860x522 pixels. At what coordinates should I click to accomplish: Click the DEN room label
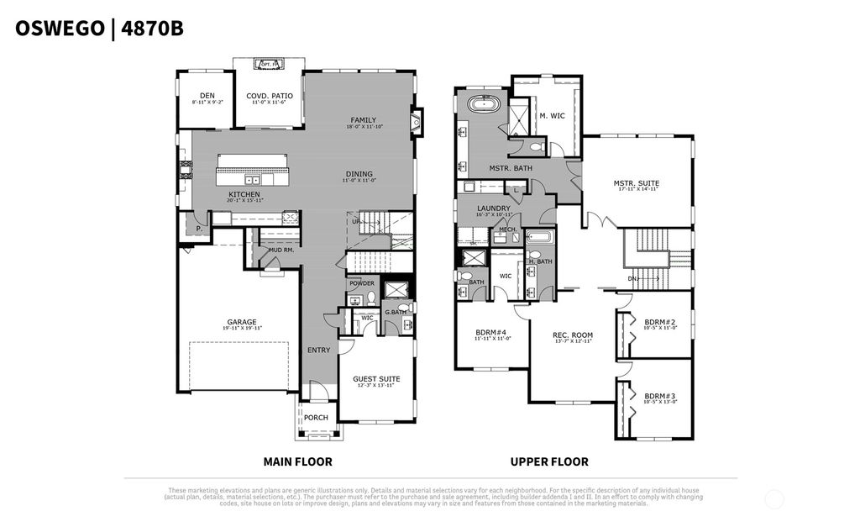click(207, 96)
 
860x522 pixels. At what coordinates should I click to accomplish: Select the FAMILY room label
click(363, 120)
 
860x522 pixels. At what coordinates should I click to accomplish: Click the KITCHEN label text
click(244, 195)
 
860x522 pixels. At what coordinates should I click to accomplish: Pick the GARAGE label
click(242, 322)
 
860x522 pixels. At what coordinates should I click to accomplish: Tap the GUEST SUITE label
click(376, 379)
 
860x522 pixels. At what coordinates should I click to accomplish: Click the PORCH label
click(316, 418)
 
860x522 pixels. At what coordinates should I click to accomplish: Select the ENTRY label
click(318, 351)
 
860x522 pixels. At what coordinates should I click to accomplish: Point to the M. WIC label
click(552, 116)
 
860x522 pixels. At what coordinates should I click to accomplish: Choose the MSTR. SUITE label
click(636, 183)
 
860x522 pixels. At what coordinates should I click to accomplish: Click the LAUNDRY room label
click(494, 209)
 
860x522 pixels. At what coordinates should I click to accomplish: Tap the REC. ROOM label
click(572, 336)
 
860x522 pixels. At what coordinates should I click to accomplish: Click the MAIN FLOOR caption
click(297, 461)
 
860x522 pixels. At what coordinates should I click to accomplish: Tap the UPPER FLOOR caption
click(549, 461)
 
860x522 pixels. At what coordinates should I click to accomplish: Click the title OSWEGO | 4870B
click(99, 29)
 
